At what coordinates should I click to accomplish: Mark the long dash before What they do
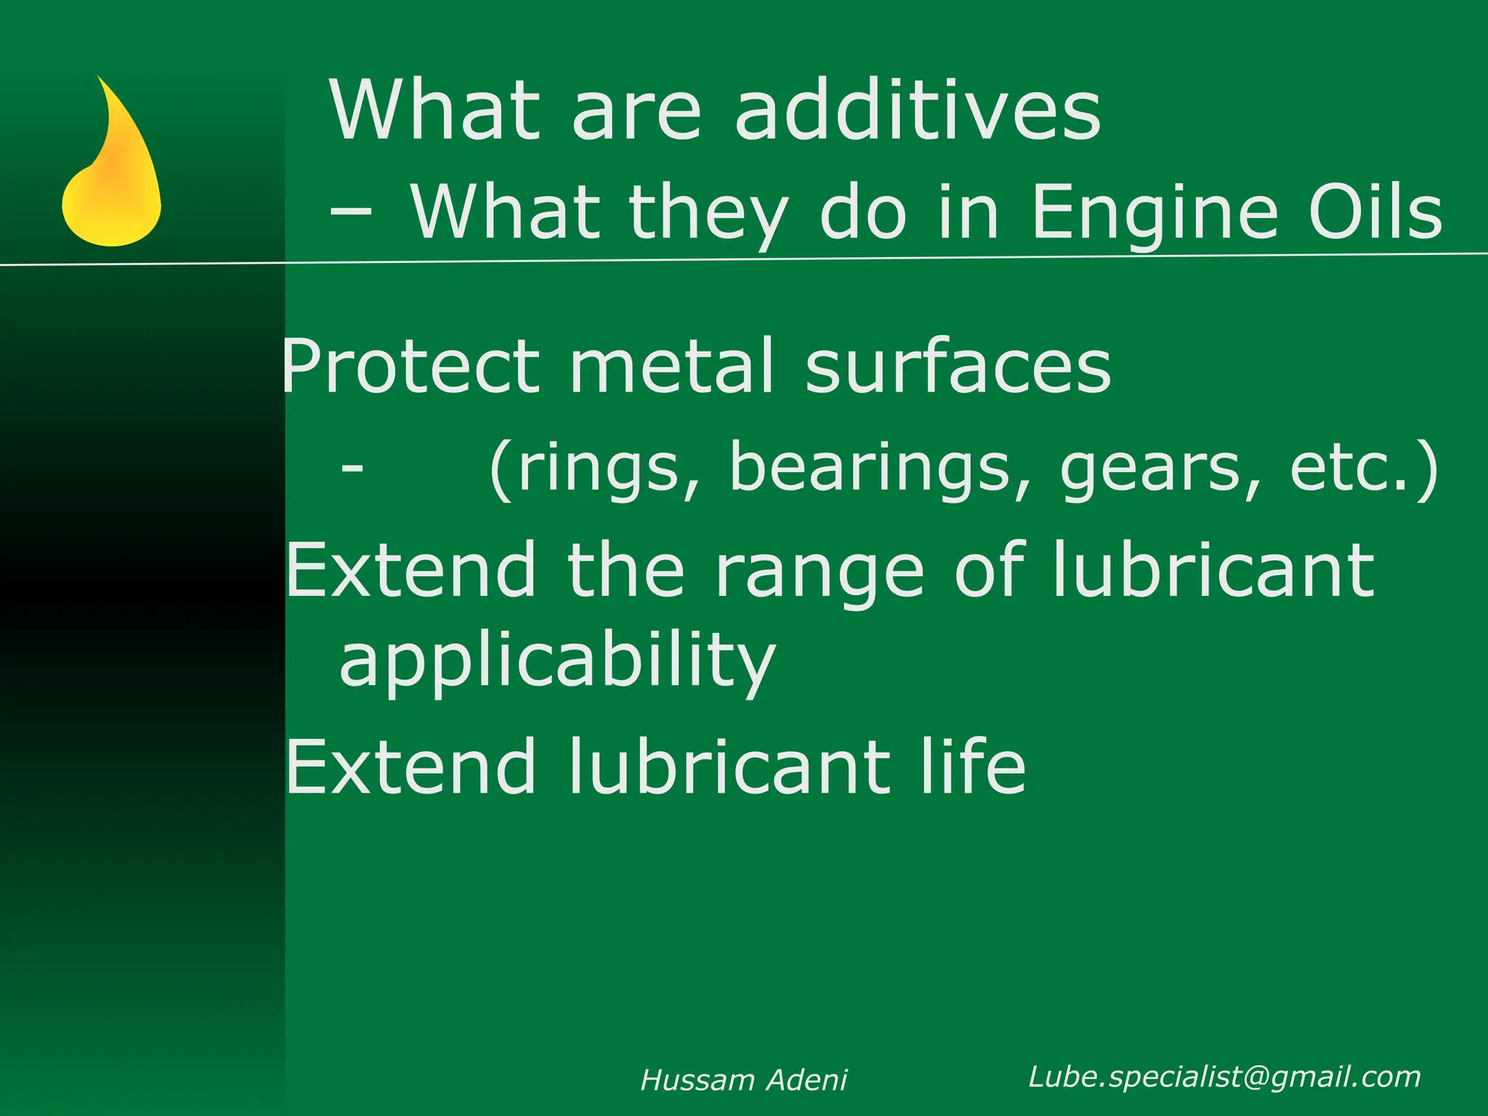coord(352,212)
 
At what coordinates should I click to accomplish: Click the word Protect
coord(411,366)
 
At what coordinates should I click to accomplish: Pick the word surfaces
coord(958,366)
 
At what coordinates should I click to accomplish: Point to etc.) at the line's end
coord(1363,468)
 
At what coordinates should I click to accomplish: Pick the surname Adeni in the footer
coord(807,1080)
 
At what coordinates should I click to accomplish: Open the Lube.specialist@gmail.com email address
coord(1224,1077)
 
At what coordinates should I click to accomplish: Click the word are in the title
coord(636,110)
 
